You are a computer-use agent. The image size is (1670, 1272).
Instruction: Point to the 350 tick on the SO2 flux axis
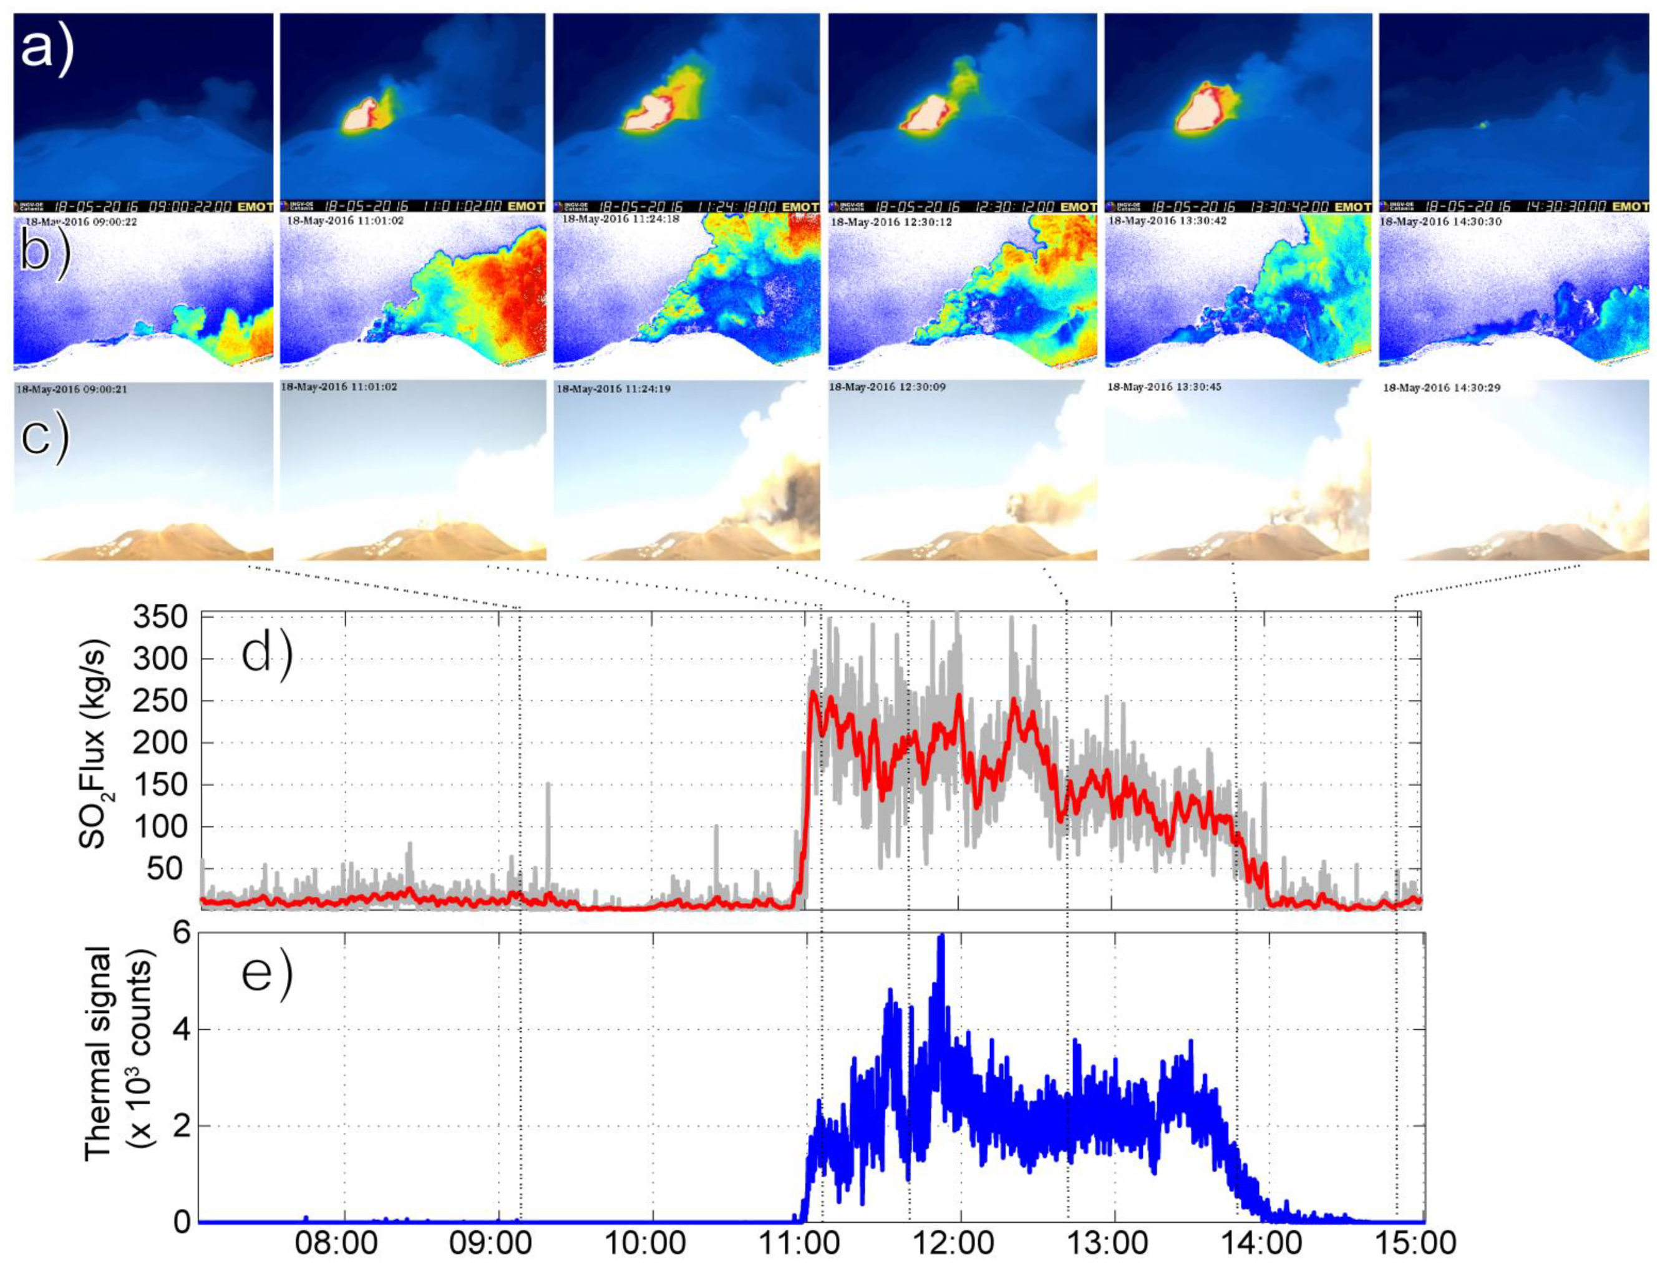[x=160, y=618]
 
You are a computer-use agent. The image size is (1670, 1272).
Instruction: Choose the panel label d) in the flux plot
[x=266, y=656]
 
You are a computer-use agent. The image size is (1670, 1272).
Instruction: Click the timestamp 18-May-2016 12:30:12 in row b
[x=892, y=223]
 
